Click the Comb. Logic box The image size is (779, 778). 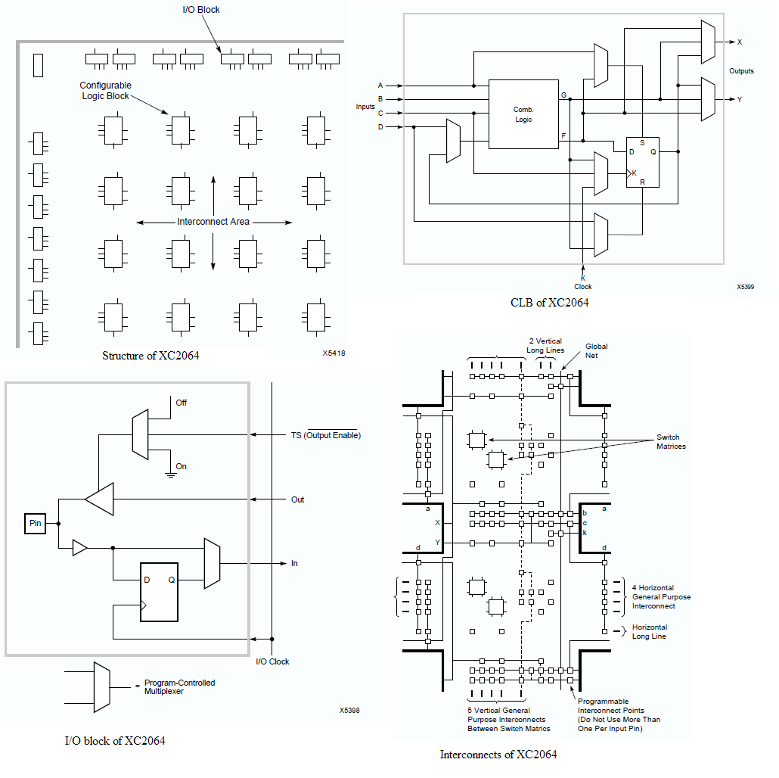pyautogui.click(x=523, y=114)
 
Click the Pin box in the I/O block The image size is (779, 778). pyautogui.click(x=35, y=524)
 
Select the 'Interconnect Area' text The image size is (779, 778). pyautogui.click(x=213, y=222)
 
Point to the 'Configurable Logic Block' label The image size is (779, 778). pyautogui.click(x=106, y=91)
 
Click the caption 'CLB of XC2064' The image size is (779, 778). pyautogui.click(x=549, y=303)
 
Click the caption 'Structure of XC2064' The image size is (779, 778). pyautogui.click(x=151, y=356)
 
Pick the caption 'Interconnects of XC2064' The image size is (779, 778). pyautogui.click(x=498, y=754)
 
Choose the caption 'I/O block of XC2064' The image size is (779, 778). pyautogui.click(x=115, y=740)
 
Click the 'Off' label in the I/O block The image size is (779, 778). pyautogui.click(x=181, y=403)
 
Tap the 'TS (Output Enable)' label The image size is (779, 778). pyautogui.click(x=326, y=435)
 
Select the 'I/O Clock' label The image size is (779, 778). pyautogui.click(x=272, y=661)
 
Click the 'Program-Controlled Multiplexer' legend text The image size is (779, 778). pyautogui.click(x=179, y=686)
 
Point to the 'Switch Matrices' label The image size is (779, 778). pyautogui.click(x=671, y=442)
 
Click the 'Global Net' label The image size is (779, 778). pyautogui.click(x=596, y=350)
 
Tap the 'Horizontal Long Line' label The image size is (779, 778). pyautogui.click(x=650, y=631)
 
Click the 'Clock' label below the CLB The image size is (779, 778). pyautogui.click(x=582, y=287)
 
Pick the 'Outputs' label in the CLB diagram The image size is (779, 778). pyautogui.click(x=741, y=71)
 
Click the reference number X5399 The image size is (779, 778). pyautogui.click(x=745, y=288)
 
